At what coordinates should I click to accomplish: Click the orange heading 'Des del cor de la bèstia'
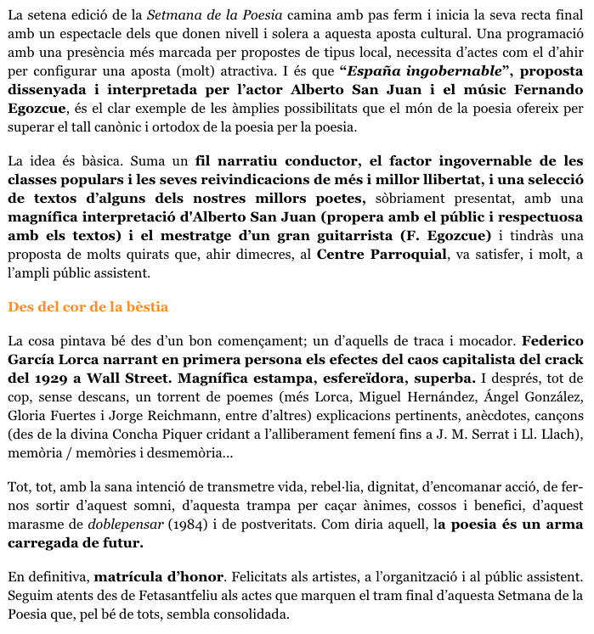pyautogui.click(x=88, y=306)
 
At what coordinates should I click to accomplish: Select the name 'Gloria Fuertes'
pyautogui.click(x=48, y=416)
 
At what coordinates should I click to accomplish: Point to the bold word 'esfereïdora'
pyautogui.click(x=371, y=378)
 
